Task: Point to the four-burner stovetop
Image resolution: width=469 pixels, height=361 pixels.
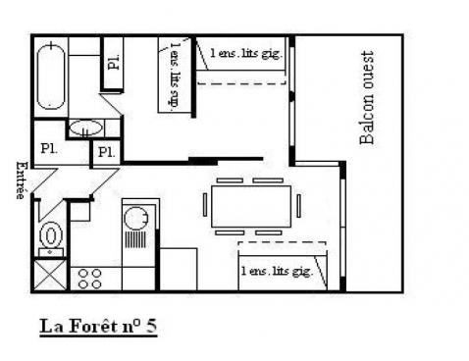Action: tap(89, 276)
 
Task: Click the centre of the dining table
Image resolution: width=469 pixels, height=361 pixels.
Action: tap(249, 207)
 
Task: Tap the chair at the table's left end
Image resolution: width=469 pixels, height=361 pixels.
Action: tap(205, 207)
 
